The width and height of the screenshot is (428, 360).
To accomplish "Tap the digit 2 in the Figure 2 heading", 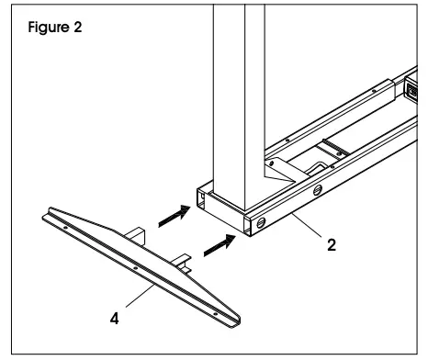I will [77, 27].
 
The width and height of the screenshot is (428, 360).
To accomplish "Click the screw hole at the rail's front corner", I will [262, 223].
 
